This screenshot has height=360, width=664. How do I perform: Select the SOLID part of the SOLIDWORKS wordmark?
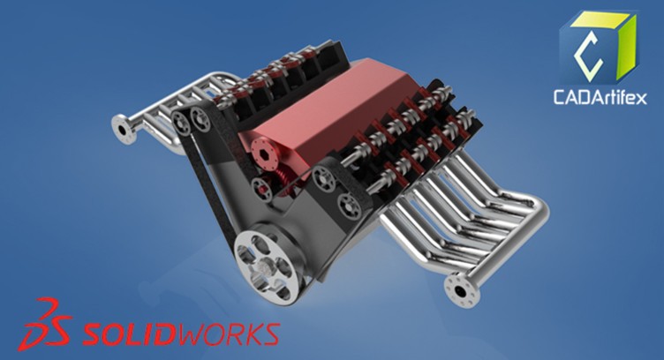click(x=127, y=334)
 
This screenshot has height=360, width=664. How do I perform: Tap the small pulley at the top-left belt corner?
click(x=185, y=117)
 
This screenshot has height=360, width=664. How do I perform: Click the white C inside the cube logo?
click(x=589, y=49)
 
